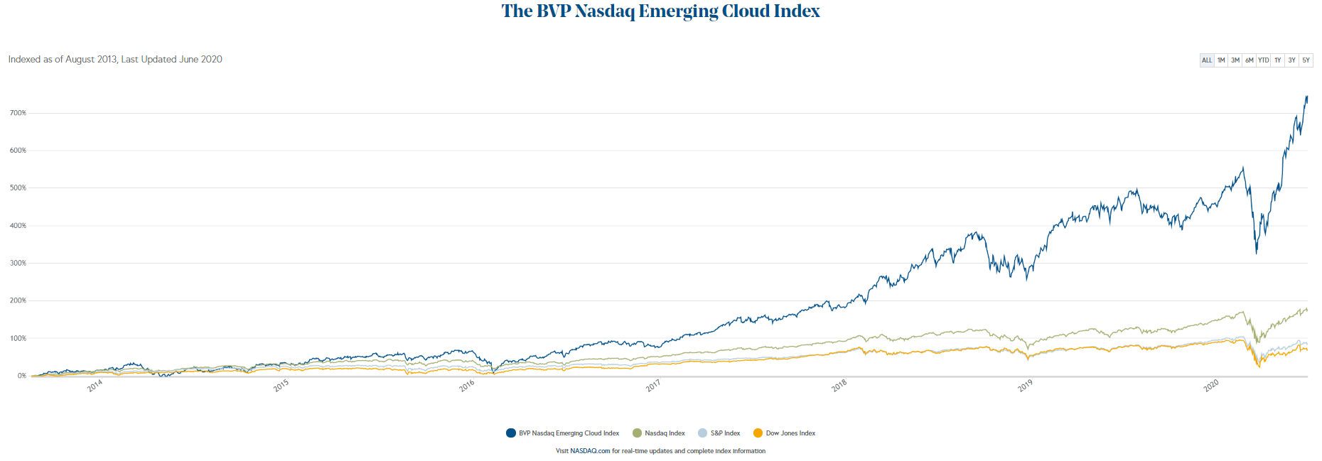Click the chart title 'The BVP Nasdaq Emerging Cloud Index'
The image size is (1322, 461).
pyautogui.click(x=660, y=11)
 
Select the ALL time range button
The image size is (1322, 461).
pyautogui.click(x=1207, y=60)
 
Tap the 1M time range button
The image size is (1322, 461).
pyautogui.click(x=1221, y=60)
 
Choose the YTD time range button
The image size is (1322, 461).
pyautogui.click(x=1263, y=60)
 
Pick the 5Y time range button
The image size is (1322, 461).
pyautogui.click(x=1306, y=60)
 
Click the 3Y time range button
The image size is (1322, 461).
pyautogui.click(x=1291, y=60)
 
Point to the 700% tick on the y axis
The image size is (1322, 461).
pyautogui.click(x=18, y=113)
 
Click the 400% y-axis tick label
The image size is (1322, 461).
pyautogui.click(x=18, y=226)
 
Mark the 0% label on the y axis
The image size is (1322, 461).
pyautogui.click(x=22, y=376)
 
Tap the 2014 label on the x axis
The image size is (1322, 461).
pyautogui.click(x=95, y=386)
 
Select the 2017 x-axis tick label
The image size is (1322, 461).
pyautogui.click(x=653, y=386)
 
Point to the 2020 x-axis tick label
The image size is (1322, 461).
pyautogui.click(x=1211, y=386)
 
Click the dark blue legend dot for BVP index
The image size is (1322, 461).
pyautogui.click(x=511, y=433)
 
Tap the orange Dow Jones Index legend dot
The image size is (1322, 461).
pyautogui.click(x=758, y=433)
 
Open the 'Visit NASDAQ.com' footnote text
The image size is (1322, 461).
pyautogui.click(x=660, y=451)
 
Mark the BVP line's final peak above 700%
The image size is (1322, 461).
pyautogui.click(x=1306, y=97)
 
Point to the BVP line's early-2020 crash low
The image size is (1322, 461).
pyautogui.click(x=1257, y=253)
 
